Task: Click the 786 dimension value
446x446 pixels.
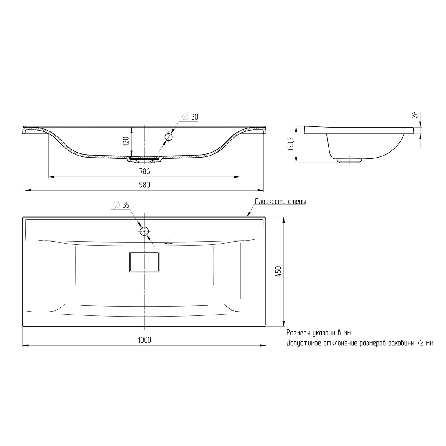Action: tap(145, 172)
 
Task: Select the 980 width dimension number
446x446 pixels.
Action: tap(145, 185)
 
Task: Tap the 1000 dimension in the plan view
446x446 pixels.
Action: tap(145, 340)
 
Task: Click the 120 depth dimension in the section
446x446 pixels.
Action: tap(126, 141)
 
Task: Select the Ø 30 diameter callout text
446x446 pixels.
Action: tap(190, 117)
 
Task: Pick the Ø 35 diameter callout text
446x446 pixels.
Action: tap(122, 205)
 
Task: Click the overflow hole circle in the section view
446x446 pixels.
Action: tap(169, 137)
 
